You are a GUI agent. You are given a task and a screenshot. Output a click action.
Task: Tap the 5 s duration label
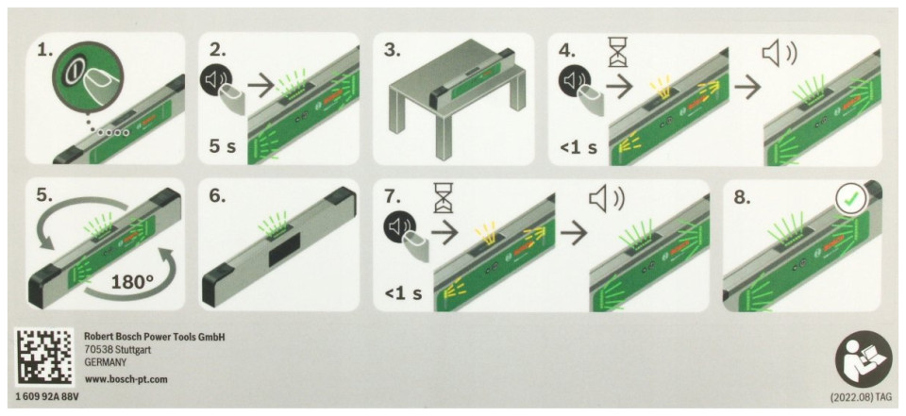[x=223, y=146]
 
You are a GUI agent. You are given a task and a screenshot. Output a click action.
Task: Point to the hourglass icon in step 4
[x=617, y=53]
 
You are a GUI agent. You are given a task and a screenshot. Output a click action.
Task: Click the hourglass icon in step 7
[x=444, y=197]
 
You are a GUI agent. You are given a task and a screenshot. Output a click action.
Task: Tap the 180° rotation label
[x=133, y=283]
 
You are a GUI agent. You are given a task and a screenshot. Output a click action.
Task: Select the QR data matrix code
[x=44, y=358]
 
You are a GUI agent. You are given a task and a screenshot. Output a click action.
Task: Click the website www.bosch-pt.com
[x=126, y=379]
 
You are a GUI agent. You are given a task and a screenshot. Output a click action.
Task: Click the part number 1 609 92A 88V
[x=45, y=398]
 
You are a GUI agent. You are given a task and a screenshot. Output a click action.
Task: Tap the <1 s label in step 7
[x=403, y=293]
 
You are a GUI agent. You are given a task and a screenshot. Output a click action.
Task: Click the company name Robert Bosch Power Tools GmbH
[x=154, y=337]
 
